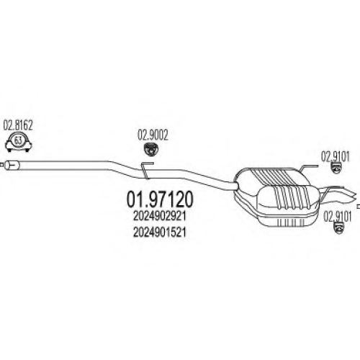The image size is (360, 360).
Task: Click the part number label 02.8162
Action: pos(18,125)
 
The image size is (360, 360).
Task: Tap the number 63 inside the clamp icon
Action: pos(18,140)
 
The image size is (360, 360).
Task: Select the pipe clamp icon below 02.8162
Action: pos(18,142)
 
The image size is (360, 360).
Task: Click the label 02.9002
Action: pos(153,135)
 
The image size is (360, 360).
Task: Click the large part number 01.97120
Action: pos(160,199)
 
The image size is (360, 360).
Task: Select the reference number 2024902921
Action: pos(160,217)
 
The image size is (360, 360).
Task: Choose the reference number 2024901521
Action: pos(160,232)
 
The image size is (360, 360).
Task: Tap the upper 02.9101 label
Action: pos(336,157)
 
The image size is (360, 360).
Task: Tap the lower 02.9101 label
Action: pos(338,217)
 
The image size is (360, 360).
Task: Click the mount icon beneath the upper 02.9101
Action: pos(336,168)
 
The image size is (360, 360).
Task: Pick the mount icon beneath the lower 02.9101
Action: pos(339,228)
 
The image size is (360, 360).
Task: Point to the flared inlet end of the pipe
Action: pos(12,166)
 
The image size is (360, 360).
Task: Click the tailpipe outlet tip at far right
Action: pos(353,194)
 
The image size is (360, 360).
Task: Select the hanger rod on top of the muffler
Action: pos(307,167)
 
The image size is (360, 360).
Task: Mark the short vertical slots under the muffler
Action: pos(291,222)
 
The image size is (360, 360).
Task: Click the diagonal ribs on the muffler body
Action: pos(283,189)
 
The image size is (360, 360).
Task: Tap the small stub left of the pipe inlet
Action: pos(2,165)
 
